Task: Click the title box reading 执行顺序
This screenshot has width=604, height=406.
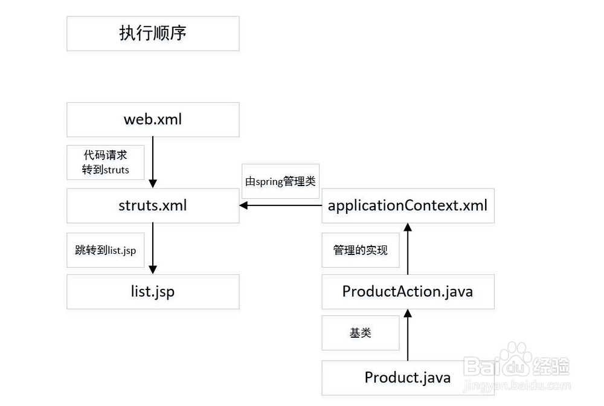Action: (x=153, y=33)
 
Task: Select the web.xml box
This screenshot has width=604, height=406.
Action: (x=153, y=120)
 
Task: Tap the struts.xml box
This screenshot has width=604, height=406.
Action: (x=153, y=205)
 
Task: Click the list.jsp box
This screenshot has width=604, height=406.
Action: (x=153, y=292)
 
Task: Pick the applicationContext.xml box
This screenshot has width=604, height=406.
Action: (x=408, y=205)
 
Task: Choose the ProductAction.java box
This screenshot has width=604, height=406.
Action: (x=408, y=292)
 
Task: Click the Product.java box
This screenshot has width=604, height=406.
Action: (x=408, y=378)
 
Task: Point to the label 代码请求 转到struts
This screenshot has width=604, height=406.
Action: (x=106, y=163)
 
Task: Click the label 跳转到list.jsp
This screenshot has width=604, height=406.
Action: (x=106, y=250)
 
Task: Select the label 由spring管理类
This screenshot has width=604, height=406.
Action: (x=280, y=181)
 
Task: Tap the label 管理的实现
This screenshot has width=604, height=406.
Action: (x=361, y=250)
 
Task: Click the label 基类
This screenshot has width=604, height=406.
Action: (x=361, y=333)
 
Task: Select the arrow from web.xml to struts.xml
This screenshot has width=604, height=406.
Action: (x=153, y=162)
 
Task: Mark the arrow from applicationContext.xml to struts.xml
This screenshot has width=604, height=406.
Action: (x=281, y=205)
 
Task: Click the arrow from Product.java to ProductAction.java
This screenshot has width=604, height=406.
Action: (x=408, y=335)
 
